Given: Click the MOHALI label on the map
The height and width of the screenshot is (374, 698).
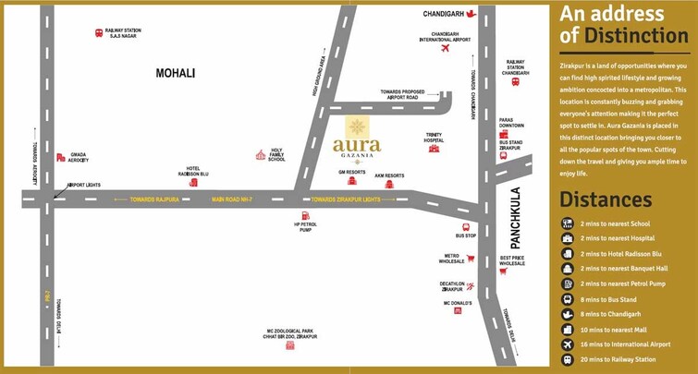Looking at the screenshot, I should [177, 72].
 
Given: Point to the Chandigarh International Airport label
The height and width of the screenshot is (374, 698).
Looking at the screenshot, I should [445, 38].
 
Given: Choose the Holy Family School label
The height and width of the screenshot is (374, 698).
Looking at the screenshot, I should [276, 156].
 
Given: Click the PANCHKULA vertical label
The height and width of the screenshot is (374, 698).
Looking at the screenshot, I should [516, 218].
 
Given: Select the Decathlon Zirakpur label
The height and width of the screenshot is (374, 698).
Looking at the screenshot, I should [451, 287].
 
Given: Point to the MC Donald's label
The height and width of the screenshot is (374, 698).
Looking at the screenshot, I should [458, 303].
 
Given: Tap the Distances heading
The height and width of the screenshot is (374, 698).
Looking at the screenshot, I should [606, 200].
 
